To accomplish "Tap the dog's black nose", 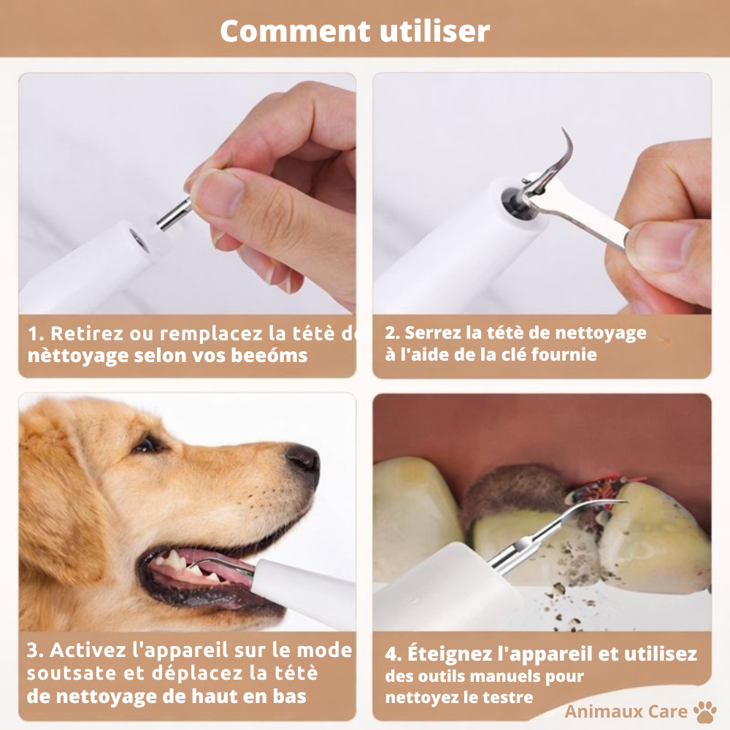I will coord(303,460).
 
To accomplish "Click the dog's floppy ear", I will coord(58,511).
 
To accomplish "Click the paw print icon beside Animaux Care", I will coord(705,712).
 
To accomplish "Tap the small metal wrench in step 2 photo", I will coord(584,215).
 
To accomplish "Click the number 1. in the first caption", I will coord(36,334).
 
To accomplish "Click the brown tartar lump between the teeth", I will coord(511,489).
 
